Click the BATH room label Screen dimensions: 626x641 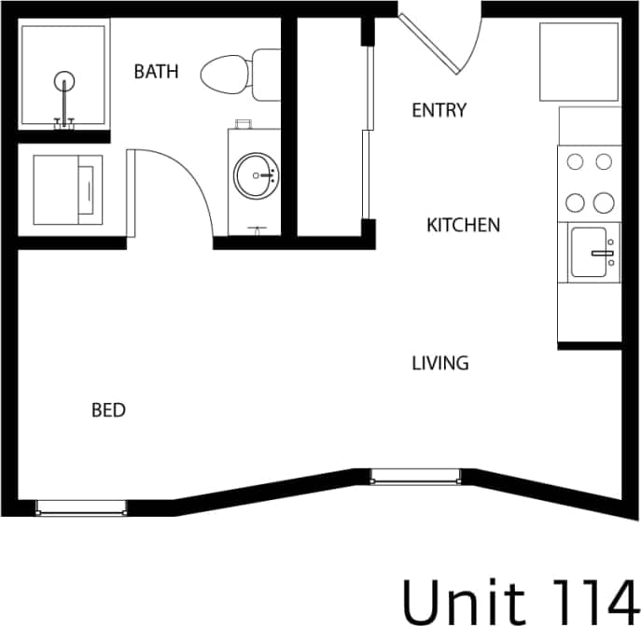tap(156, 72)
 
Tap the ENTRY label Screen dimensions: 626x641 tap(439, 110)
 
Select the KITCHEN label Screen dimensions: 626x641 tap(463, 225)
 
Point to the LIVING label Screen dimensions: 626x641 tap(440, 363)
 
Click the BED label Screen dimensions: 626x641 tap(108, 410)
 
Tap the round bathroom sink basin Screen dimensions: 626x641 tap(256, 174)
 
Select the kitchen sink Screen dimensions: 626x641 tap(592, 252)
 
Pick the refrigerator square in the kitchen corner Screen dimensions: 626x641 tap(579, 62)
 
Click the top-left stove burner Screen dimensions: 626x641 tap(576, 161)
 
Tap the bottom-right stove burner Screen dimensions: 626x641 tap(604, 202)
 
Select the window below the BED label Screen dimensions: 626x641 tap(81, 507)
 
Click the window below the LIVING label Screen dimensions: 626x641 tap(417, 478)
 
